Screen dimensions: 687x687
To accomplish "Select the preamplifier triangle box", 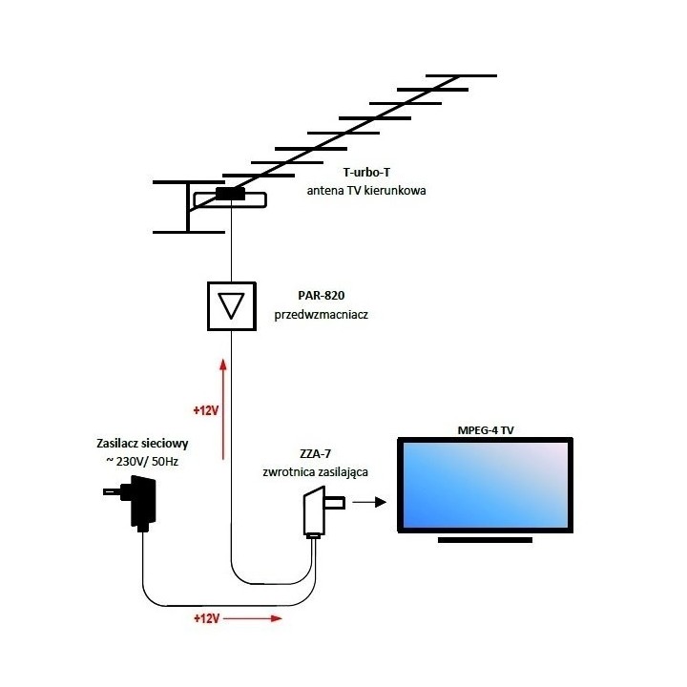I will [232, 306].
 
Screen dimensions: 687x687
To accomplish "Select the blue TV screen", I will [486, 486].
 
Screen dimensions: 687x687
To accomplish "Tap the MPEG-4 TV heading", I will [486, 430].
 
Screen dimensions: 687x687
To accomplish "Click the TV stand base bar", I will [485, 540].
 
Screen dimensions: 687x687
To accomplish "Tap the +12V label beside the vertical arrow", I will [204, 410].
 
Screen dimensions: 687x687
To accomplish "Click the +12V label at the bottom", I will [207, 618].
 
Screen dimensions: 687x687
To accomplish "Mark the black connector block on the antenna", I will [230, 194].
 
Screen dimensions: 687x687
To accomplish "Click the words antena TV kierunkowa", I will [366, 191].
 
